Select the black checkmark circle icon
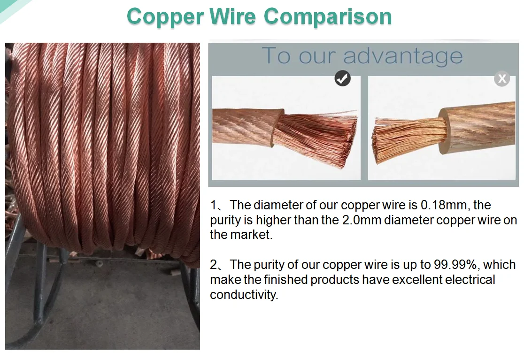pyautogui.click(x=342, y=78)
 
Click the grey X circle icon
pyautogui.click(x=502, y=78)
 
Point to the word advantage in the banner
pyautogui.click(x=403, y=56)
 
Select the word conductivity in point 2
pyautogui.click(x=244, y=295)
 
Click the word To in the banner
pyautogui.click(x=277, y=56)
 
